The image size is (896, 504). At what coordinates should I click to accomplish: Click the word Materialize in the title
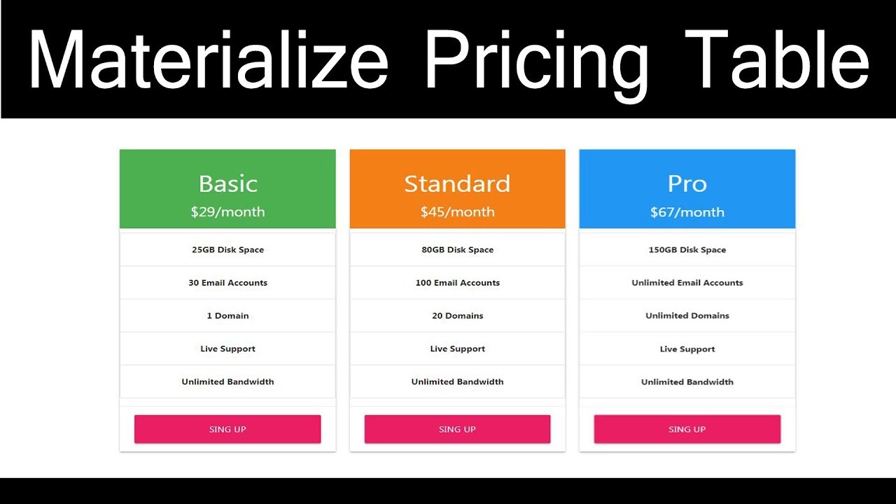pos(208,59)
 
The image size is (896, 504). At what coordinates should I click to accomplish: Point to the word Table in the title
pos(777,59)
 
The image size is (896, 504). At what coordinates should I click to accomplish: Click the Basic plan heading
pos(227,183)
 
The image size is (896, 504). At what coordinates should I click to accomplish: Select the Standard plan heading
pos(457,183)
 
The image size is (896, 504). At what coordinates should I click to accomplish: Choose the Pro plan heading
pos(687,183)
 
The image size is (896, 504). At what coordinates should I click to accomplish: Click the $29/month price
pos(227,212)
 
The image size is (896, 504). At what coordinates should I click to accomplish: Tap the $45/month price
pos(457,212)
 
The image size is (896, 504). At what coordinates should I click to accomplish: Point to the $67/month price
pos(687,212)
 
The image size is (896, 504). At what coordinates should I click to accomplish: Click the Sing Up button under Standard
pos(457,429)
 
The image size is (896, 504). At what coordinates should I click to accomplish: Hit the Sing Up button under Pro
pos(687,429)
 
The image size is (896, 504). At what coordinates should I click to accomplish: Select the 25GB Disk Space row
pos(227,250)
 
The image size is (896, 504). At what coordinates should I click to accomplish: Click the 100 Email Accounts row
pos(457,283)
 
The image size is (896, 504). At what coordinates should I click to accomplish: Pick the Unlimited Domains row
pos(687,316)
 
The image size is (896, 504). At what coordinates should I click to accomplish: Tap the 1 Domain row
pos(227,316)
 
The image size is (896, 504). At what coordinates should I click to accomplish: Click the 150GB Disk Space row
pos(687,250)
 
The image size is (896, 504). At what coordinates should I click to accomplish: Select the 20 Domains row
pos(457,316)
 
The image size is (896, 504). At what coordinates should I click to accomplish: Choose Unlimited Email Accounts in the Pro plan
pos(687,283)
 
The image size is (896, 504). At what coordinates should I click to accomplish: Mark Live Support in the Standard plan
pos(457,349)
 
